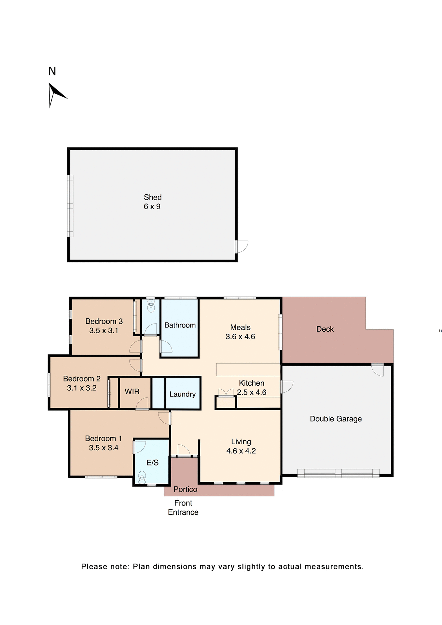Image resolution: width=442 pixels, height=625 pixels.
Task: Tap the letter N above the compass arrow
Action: click(52, 71)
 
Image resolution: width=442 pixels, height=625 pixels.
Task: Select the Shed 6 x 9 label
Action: click(152, 202)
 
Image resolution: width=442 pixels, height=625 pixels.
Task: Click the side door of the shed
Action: click(242, 247)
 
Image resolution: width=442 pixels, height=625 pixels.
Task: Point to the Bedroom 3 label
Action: click(104, 321)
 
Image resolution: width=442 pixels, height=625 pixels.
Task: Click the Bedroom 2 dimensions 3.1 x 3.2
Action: click(82, 388)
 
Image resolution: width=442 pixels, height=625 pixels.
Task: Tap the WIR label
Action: click(132, 392)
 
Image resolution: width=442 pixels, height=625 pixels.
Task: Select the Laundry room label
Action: click(183, 394)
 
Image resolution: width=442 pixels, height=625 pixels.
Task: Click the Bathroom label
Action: click(180, 325)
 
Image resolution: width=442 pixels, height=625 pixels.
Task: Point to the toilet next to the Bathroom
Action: click(151, 306)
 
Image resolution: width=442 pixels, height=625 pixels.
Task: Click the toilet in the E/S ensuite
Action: click(142, 477)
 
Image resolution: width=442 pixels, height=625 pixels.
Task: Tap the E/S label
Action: click(152, 463)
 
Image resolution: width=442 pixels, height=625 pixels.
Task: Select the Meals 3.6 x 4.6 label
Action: click(240, 332)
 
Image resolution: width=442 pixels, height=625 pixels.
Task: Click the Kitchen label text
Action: click(252, 383)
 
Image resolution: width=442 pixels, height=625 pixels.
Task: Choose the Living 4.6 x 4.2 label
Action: click(241, 446)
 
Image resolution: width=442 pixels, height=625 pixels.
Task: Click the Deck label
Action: click(325, 329)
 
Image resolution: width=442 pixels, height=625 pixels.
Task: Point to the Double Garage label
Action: click(336, 419)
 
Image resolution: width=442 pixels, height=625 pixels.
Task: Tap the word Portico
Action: click(185, 489)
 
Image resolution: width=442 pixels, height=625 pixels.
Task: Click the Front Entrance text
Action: click(183, 507)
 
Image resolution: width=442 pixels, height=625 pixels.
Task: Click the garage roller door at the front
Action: click(338, 473)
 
